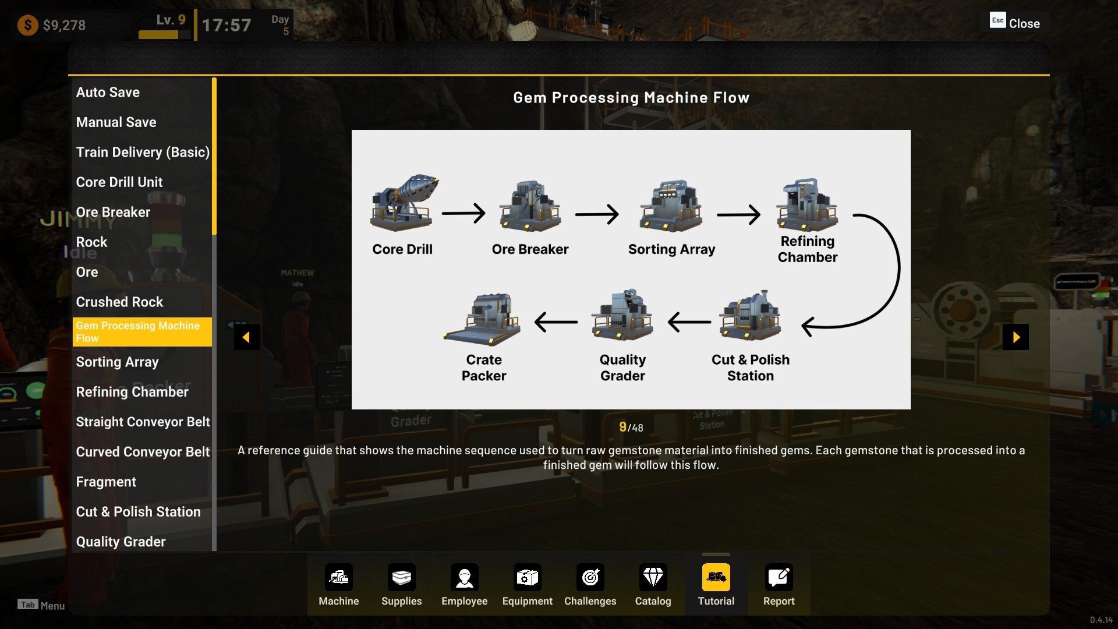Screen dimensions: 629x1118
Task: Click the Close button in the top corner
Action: pos(1016,23)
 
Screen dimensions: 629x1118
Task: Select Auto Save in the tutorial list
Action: pos(108,92)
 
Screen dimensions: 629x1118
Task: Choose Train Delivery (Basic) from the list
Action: pos(143,152)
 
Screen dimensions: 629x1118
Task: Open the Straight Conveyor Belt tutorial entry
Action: pos(143,422)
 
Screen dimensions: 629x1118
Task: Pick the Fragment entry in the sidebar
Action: pos(106,482)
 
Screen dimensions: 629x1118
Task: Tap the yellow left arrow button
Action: pos(246,337)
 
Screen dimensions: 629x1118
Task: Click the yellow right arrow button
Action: pos(1016,337)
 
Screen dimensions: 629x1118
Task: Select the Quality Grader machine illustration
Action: pos(622,316)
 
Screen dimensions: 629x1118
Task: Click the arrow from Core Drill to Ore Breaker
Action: pos(464,213)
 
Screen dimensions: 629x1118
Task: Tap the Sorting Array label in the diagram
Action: pos(671,249)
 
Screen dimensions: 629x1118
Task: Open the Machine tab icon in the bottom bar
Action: pos(339,578)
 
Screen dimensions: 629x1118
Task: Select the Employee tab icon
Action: pos(465,578)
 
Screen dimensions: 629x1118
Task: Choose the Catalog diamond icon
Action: pos(653,578)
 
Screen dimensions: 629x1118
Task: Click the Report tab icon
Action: pos(779,578)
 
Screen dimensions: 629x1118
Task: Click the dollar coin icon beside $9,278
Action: pos(27,25)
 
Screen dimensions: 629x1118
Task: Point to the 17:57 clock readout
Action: pos(227,25)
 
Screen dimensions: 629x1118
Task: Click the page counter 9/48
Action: pos(631,427)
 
